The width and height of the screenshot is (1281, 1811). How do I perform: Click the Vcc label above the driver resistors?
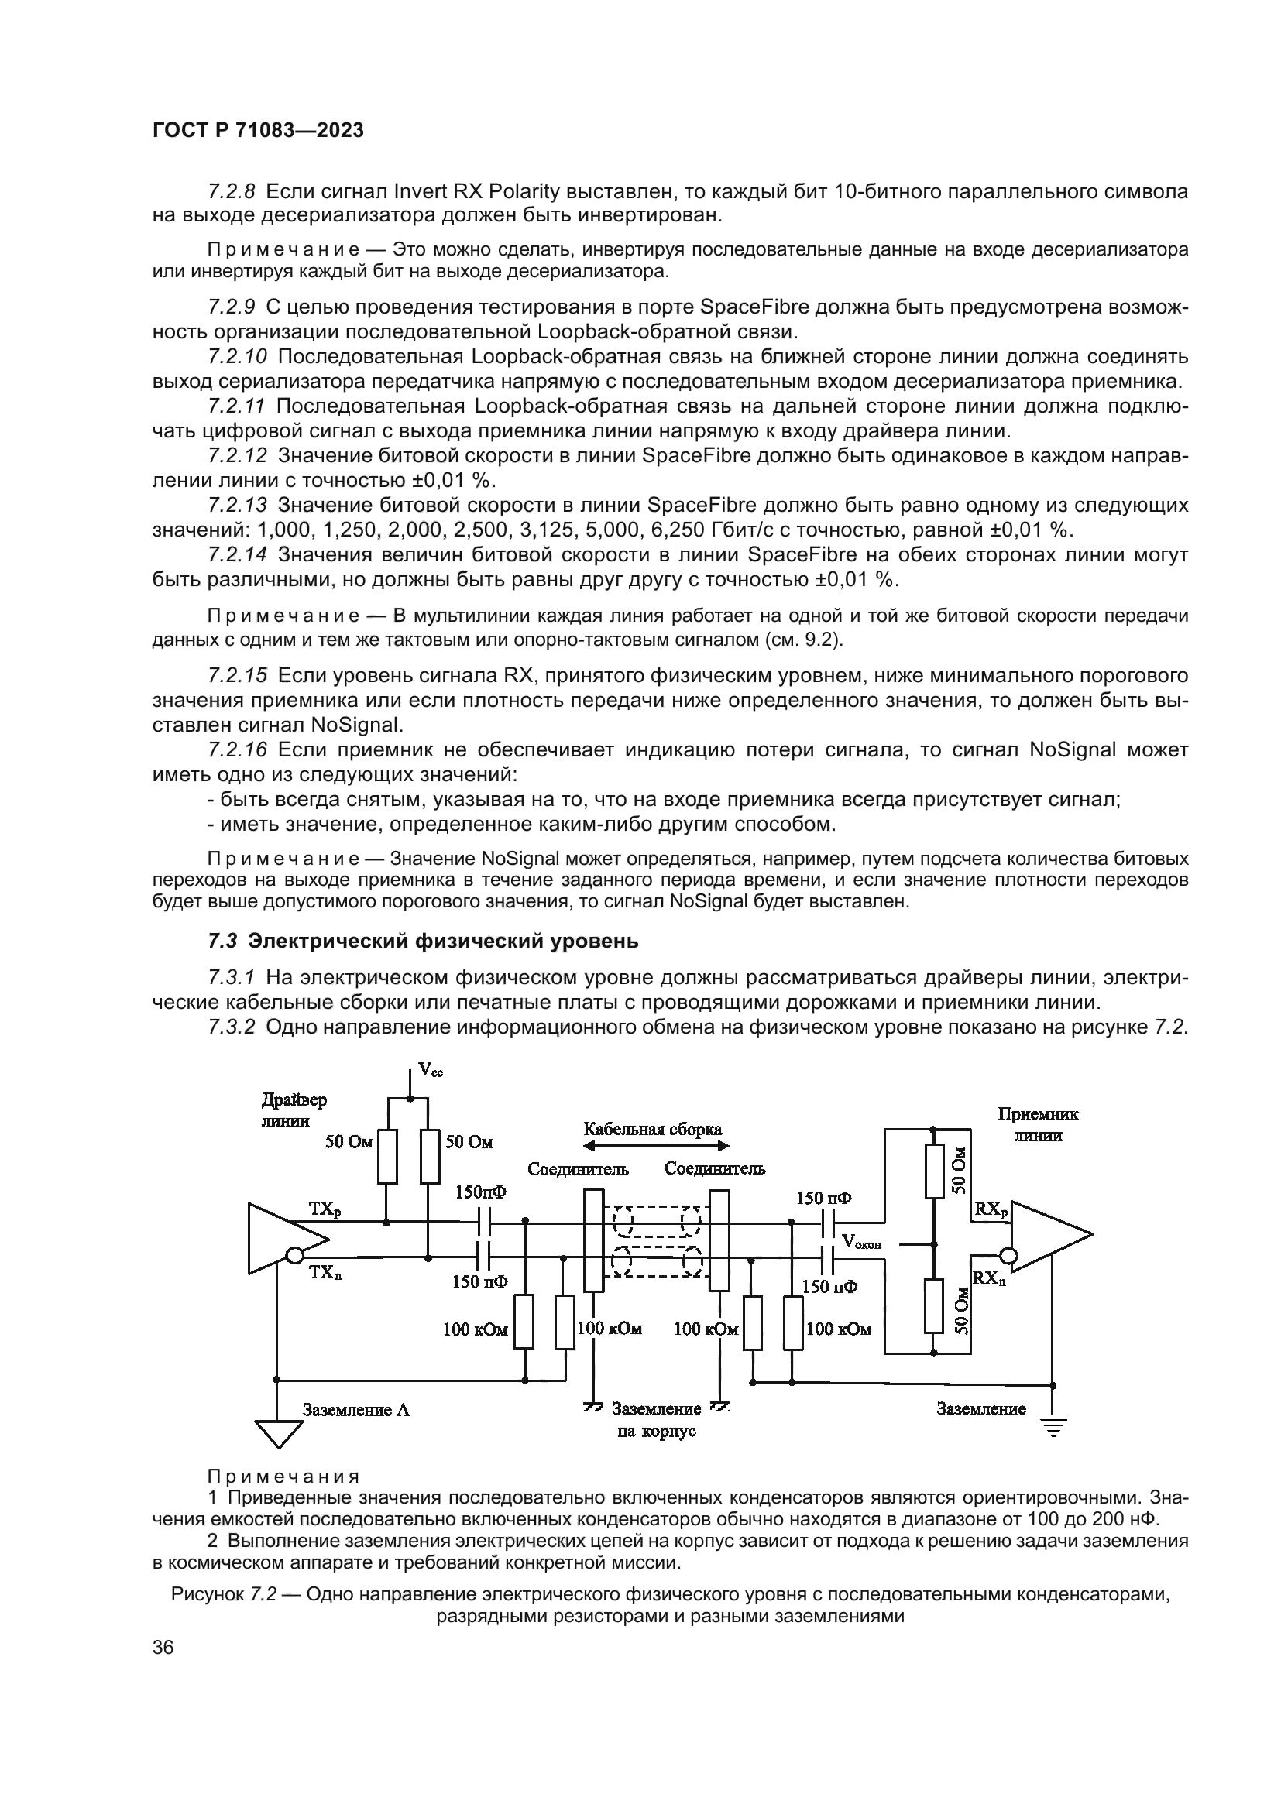430,1069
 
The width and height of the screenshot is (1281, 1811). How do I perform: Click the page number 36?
163,1647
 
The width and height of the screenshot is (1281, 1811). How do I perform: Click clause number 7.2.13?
238,505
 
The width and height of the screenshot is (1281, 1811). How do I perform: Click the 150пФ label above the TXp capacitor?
481,1192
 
